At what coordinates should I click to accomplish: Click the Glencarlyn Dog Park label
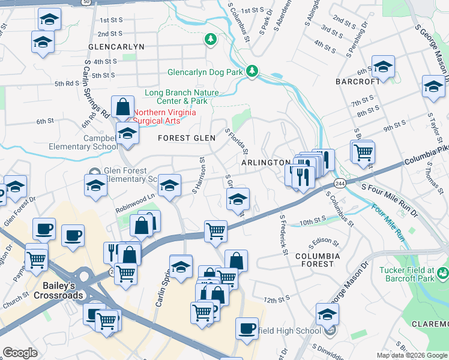(x=205, y=72)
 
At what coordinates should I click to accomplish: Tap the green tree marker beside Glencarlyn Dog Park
(x=252, y=71)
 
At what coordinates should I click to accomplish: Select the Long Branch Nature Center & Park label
(x=181, y=97)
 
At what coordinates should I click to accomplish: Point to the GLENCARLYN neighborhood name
(x=116, y=46)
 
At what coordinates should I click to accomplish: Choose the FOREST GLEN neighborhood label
(x=186, y=138)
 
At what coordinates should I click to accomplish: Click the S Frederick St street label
(x=283, y=235)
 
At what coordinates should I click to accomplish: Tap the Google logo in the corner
(x=20, y=353)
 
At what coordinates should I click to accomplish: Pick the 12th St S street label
(x=276, y=298)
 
